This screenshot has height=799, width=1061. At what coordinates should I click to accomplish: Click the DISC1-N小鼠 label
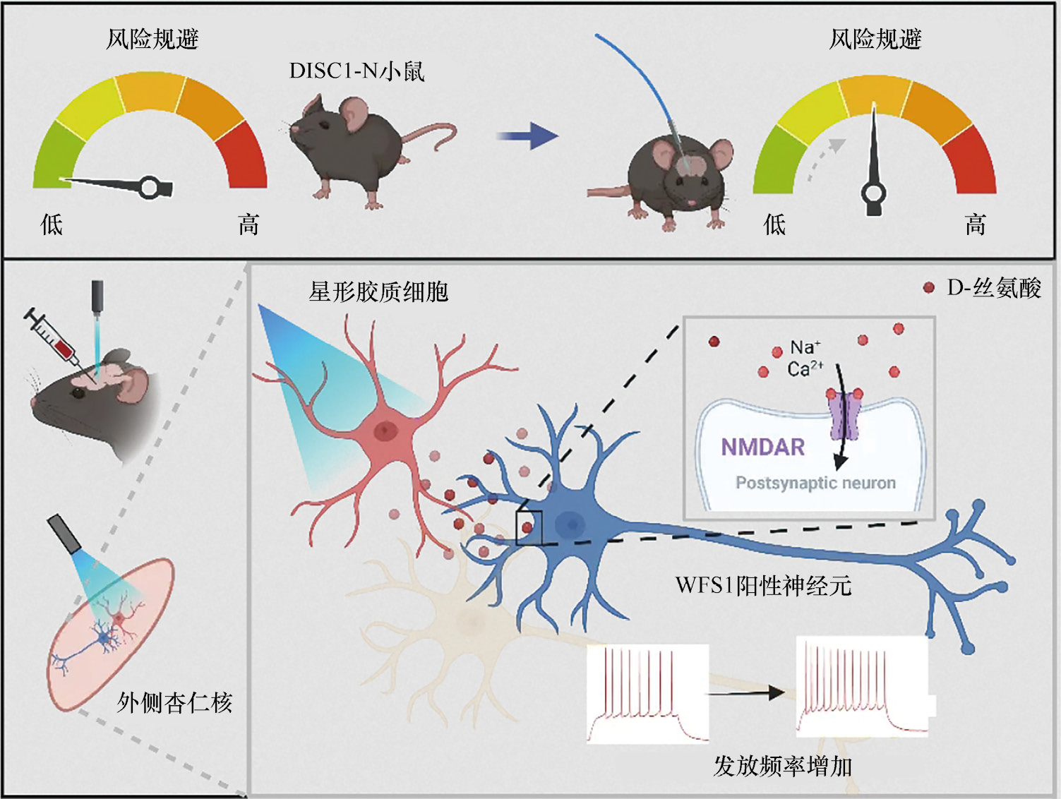click(356, 71)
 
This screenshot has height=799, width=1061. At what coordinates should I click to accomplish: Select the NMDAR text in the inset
click(762, 447)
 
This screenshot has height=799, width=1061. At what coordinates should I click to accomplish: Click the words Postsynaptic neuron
click(815, 483)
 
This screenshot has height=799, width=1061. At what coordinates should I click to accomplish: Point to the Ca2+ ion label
click(804, 368)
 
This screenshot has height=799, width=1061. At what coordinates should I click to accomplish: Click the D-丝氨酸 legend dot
click(929, 287)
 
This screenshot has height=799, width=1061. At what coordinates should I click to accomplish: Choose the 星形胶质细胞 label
click(378, 291)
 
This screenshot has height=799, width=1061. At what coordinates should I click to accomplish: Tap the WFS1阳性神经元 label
click(763, 585)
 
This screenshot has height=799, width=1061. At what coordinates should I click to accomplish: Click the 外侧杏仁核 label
click(174, 702)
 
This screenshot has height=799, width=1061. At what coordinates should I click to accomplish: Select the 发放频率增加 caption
click(782, 765)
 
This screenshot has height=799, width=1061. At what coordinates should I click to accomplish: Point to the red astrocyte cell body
click(384, 430)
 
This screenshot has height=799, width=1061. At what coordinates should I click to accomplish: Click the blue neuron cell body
click(570, 524)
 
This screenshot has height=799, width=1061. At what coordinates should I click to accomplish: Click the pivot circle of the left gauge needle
click(150, 187)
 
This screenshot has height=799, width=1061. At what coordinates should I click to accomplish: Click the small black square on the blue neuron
click(529, 527)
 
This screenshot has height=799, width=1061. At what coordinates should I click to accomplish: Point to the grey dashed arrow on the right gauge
click(823, 159)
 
